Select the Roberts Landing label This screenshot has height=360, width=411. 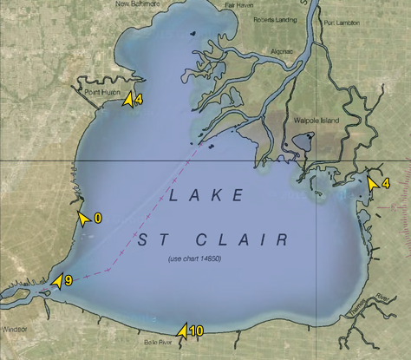276,17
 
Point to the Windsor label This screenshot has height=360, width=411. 14,330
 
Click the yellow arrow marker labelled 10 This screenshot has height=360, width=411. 182,330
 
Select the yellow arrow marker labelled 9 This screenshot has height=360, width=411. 56,281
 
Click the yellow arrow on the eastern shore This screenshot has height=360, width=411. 372,183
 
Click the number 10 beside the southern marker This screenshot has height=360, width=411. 196,331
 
